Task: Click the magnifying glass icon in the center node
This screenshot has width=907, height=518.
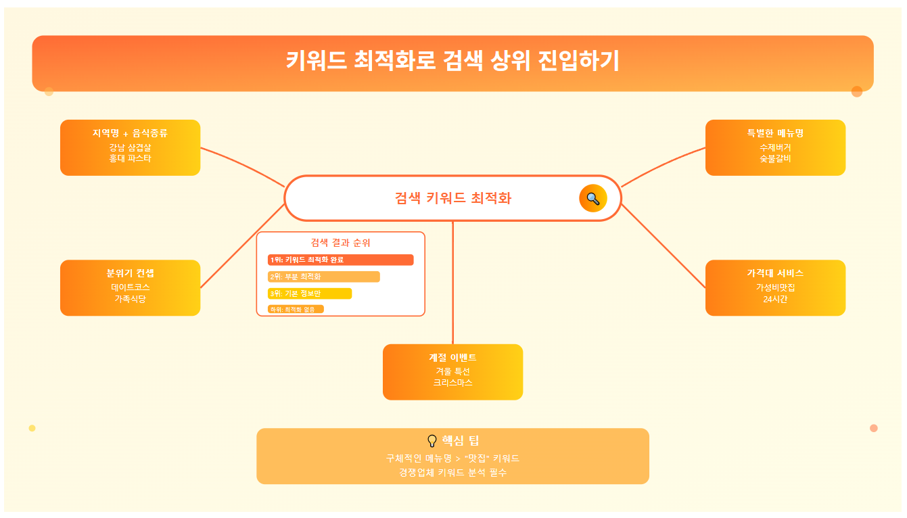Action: click(x=592, y=198)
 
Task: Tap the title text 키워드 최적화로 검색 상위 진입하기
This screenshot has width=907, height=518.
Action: click(x=452, y=61)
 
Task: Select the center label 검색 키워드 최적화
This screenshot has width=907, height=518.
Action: click(x=452, y=198)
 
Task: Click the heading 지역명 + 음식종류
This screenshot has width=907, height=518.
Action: click(x=130, y=133)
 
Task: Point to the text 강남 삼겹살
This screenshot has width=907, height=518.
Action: click(x=130, y=147)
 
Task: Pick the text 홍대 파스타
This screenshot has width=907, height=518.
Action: click(x=130, y=158)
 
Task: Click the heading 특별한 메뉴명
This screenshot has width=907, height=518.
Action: click(x=775, y=133)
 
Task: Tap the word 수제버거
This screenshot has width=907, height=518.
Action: click(x=775, y=147)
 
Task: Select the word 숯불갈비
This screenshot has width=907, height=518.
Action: click(x=775, y=158)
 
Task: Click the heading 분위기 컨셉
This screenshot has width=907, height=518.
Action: click(x=130, y=273)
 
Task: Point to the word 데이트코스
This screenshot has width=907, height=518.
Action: click(x=130, y=287)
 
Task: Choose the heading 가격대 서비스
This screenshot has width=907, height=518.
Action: click(x=775, y=273)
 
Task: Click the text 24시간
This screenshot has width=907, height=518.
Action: click(x=775, y=298)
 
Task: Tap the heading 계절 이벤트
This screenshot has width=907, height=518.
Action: click(x=452, y=358)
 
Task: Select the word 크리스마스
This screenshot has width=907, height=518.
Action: click(x=452, y=383)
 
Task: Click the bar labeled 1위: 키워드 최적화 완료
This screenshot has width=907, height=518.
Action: click(x=340, y=260)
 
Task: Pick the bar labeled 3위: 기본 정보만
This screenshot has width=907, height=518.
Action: click(x=310, y=293)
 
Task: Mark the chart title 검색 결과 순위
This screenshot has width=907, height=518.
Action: click(x=340, y=243)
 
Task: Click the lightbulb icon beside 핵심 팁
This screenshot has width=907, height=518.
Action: click(x=432, y=441)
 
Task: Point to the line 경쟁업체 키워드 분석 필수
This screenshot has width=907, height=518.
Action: click(x=452, y=472)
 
